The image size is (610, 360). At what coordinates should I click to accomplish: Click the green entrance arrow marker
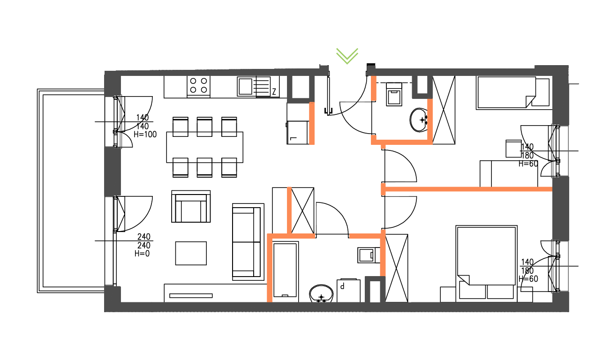[x=347, y=55]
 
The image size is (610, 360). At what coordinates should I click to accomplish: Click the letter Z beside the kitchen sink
[x=273, y=91]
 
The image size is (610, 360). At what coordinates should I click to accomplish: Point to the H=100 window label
[x=145, y=134]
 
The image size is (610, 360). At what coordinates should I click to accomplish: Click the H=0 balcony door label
[x=142, y=254]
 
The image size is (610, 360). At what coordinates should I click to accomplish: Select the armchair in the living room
[x=191, y=207]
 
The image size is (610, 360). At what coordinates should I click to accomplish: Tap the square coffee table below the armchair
[x=191, y=253]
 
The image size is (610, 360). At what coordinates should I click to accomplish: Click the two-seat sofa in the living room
[x=247, y=242]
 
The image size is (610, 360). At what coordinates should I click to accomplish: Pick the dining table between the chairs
[x=205, y=147]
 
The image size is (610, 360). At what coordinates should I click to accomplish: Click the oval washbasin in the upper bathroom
[x=419, y=120]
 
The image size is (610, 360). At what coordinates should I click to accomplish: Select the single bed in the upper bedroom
[x=506, y=93]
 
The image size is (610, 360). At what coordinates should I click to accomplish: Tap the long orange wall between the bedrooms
[x=469, y=189]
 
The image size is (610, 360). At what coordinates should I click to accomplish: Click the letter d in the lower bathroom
[x=343, y=285]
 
